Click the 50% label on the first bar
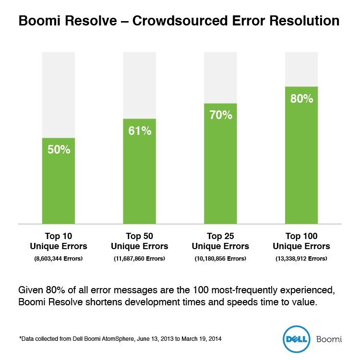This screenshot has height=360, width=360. [x=59, y=150]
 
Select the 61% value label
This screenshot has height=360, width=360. [x=140, y=131]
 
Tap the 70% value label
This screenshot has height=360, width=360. [x=220, y=115]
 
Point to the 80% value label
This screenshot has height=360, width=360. [x=301, y=99]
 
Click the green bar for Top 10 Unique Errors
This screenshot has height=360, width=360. [x=59, y=187]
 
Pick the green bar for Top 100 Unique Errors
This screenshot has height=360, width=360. [x=301, y=163]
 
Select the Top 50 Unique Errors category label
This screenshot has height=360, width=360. [x=140, y=241]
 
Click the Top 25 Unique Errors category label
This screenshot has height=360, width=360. [x=220, y=241]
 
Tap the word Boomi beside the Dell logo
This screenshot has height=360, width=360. [x=329, y=339]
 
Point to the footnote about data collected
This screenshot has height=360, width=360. [x=120, y=339]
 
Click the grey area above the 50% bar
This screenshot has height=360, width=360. [x=59, y=94]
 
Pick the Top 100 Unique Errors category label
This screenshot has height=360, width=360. [x=301, y=241]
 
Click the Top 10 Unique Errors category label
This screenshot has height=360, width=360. [x=59, y=241]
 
